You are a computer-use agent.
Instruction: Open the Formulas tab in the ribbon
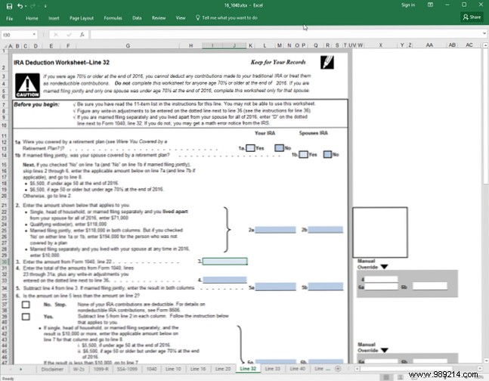point(113,17)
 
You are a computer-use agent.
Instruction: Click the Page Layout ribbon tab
point(82,17)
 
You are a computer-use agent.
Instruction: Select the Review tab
point(159,17)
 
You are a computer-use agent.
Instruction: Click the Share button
point(471,16)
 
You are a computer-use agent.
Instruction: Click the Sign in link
point(409,5)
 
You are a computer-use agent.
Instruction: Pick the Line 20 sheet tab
point(223,368)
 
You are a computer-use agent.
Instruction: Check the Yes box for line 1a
point(250,149)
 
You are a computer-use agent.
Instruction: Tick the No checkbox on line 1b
point(327,155)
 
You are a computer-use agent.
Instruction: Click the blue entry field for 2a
point(275,229)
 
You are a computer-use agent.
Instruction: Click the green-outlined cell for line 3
point(224,262)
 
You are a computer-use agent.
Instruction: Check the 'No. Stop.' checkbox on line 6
point(26,303)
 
